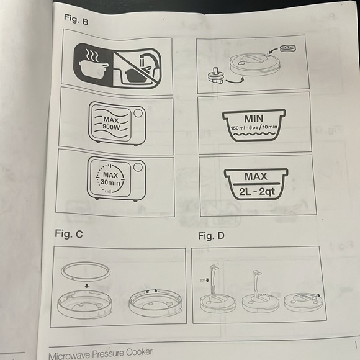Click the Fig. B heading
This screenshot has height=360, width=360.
click(76, 20)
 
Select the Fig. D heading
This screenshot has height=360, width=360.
click(211, 236)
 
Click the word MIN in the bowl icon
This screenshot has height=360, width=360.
click(254, 118)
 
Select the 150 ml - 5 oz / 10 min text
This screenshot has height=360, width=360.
click(254, 128)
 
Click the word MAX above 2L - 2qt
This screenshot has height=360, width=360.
click(255, 176)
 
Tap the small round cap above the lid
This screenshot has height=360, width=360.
click(287, 47)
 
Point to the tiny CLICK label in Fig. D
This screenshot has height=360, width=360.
click(263, 294)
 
